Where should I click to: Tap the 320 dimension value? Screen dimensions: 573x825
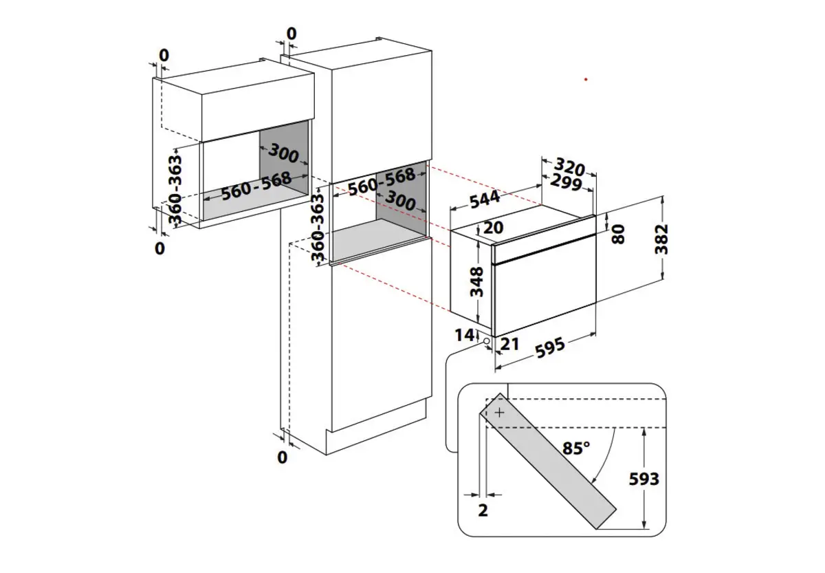(569, 167)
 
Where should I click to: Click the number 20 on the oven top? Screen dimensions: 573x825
(493, 228)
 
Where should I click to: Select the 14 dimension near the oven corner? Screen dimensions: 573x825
(465, 335)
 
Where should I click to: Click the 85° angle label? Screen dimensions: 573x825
(576, 448)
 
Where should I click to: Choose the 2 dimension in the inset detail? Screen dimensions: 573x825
(483, 510)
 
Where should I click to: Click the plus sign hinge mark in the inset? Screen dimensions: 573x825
(499, 413)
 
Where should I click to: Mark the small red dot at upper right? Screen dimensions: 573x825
(586, 80)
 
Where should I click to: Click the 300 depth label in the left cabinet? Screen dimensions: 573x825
(283, 154)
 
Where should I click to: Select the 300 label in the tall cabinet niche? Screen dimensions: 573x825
(399, 200)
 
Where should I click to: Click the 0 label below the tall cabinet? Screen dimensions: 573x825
(282, 456)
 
